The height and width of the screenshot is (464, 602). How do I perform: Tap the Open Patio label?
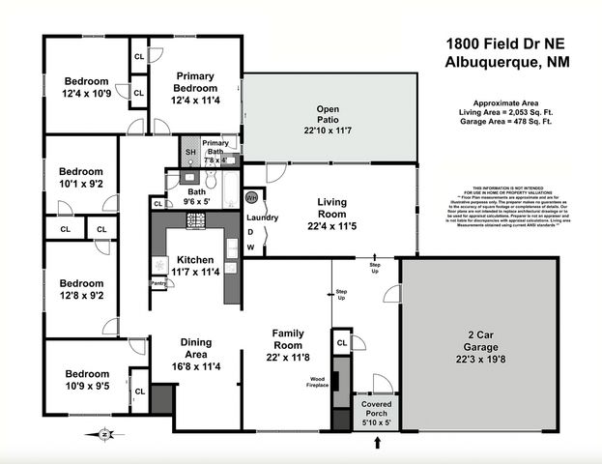pos(330,108)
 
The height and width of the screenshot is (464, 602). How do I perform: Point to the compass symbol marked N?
pos(104,435)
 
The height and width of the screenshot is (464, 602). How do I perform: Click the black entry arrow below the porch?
pos(377,444)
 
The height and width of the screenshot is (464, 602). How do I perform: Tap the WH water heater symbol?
pos(251,197)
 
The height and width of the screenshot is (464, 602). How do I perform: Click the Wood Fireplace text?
pos(318,382)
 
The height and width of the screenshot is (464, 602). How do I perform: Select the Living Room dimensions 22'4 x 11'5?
pos(331,227)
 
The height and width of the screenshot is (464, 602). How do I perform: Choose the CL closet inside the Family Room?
pos(341,343)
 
